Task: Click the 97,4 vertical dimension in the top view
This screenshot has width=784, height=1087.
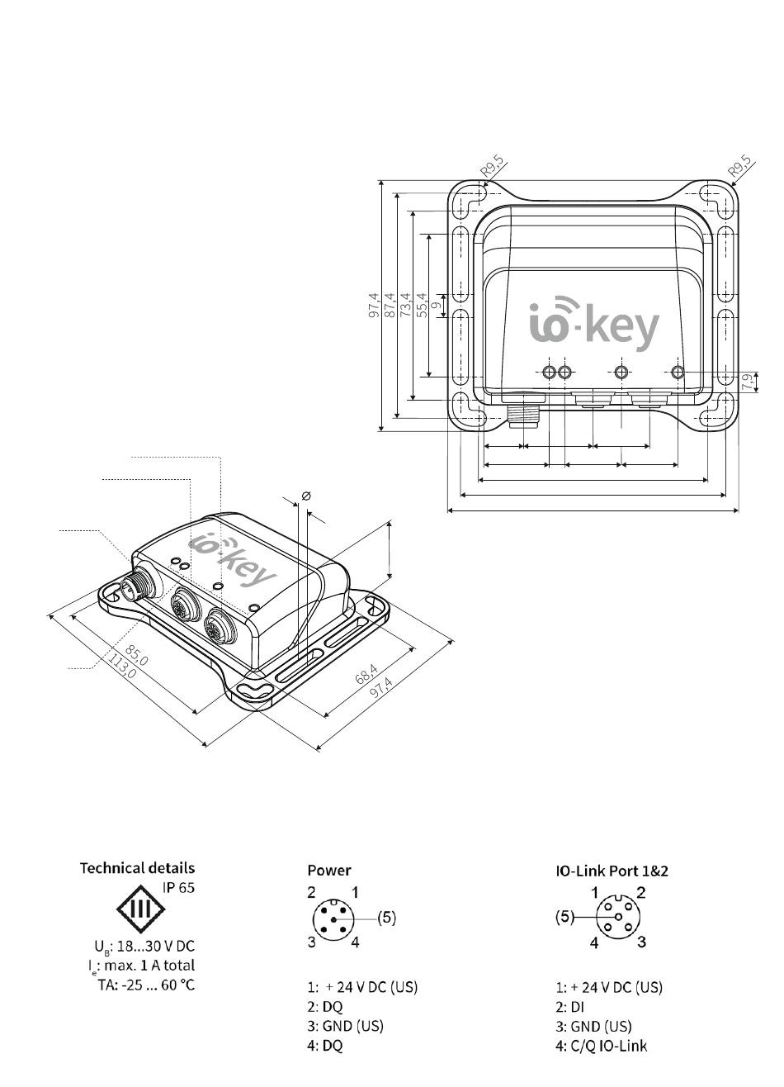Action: pos(374,306)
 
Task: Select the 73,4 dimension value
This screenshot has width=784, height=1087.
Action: pos(405,306)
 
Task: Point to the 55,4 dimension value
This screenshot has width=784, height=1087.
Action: pos(421,306)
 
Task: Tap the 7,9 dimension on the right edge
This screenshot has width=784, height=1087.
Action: pos(749,382)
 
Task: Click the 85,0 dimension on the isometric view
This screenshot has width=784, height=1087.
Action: pos(136,655)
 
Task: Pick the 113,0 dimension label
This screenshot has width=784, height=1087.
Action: pos(122,667)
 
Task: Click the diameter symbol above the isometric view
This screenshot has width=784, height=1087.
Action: pos(306,496)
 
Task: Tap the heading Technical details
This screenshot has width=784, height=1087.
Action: pos(137,868)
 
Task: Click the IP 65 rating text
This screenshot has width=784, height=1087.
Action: pos(178,888)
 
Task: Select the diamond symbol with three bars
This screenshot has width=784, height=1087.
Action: pos(140,908)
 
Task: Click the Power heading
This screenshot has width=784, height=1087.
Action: pos(328,871)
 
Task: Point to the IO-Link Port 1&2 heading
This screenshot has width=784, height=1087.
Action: pos(612,871)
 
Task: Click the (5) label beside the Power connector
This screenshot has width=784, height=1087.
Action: pos(386,918)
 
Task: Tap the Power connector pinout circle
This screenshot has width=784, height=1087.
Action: pos(333,918)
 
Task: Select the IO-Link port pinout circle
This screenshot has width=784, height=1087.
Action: pos(618,917)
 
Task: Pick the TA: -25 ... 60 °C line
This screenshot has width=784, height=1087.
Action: pos(146,985)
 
